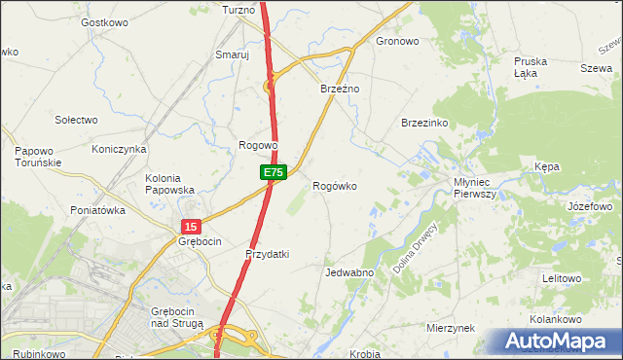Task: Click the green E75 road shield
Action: point(273,172)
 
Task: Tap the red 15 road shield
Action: point(191,226)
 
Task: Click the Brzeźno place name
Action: point(341,89)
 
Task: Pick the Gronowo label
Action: point(397,42)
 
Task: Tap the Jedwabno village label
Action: point(350,273)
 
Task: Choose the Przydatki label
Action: point(267,254)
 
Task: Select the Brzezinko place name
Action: point(423,123)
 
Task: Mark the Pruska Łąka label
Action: point(531,67)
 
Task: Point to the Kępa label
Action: point(547,167)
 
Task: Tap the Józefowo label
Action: point(589,207)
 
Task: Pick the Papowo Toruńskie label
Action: point(39,157)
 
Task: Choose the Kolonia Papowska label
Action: point(169,184)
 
